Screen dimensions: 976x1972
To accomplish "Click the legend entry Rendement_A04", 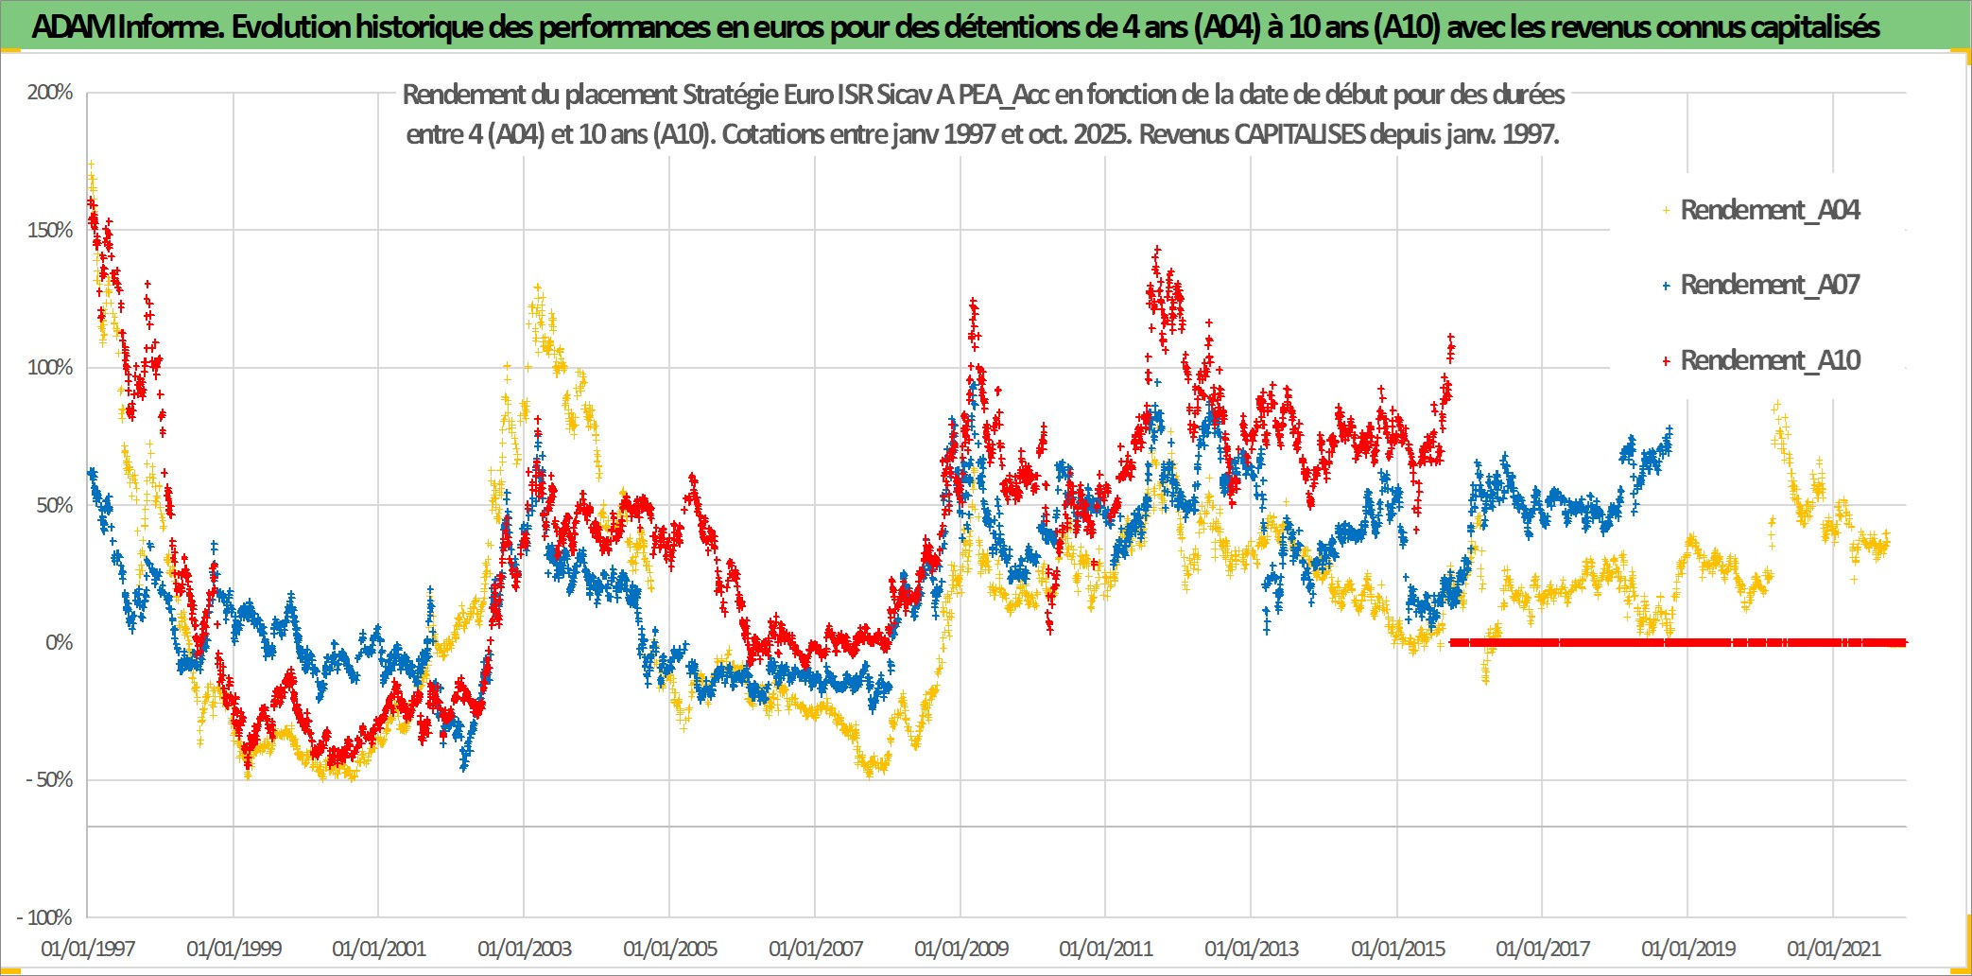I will point(1769,210).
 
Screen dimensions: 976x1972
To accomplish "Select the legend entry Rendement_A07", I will point(1769,285).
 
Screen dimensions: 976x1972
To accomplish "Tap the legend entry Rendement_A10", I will point(1769,360).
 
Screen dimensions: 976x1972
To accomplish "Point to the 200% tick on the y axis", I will point(50,93).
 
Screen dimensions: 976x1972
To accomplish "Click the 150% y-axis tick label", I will point(50,231).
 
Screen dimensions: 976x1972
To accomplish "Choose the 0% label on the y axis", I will point(59,643).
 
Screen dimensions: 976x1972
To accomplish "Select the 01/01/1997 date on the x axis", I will point(88,949).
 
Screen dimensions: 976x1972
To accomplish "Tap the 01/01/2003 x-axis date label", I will point(525,949).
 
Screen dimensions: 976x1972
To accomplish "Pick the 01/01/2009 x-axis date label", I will point(961,949).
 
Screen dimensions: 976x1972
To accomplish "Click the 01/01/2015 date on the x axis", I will point(1398,949).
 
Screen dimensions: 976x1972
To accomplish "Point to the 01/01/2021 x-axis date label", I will point(1834,949).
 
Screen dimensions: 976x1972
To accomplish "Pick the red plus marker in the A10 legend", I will point(1667,361).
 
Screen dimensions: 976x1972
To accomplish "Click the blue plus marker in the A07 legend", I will point(1667,286).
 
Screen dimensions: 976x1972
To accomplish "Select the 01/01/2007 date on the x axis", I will point(816,949).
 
